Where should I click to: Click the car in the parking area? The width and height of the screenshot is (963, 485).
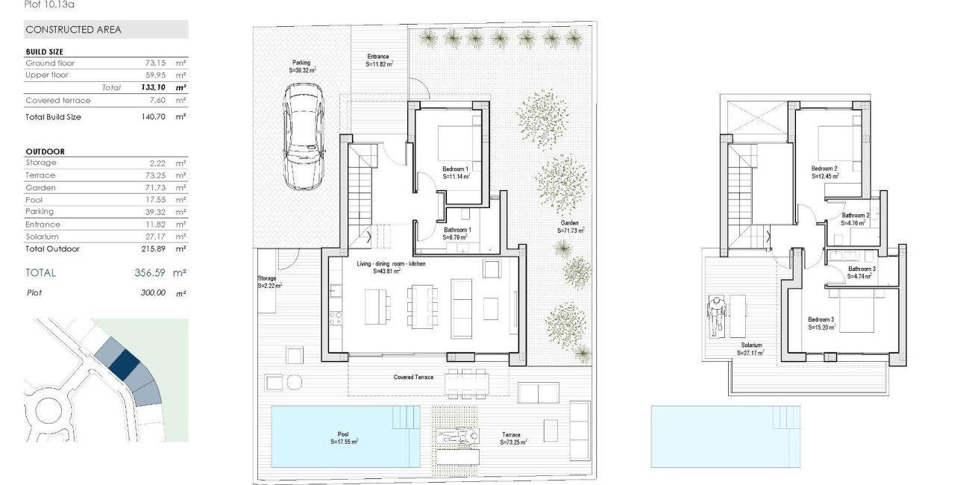point(303,137)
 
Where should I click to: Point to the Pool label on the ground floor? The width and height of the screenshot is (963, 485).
point(344,438)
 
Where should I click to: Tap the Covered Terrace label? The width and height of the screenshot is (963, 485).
point(413,378)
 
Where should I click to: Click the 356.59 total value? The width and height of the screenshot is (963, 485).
point(145,273)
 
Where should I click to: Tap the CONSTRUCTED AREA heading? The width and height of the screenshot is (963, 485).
point(73,30)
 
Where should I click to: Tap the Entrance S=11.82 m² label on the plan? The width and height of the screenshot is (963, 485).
point(379,60)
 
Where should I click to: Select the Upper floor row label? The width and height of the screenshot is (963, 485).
point(47,75)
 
